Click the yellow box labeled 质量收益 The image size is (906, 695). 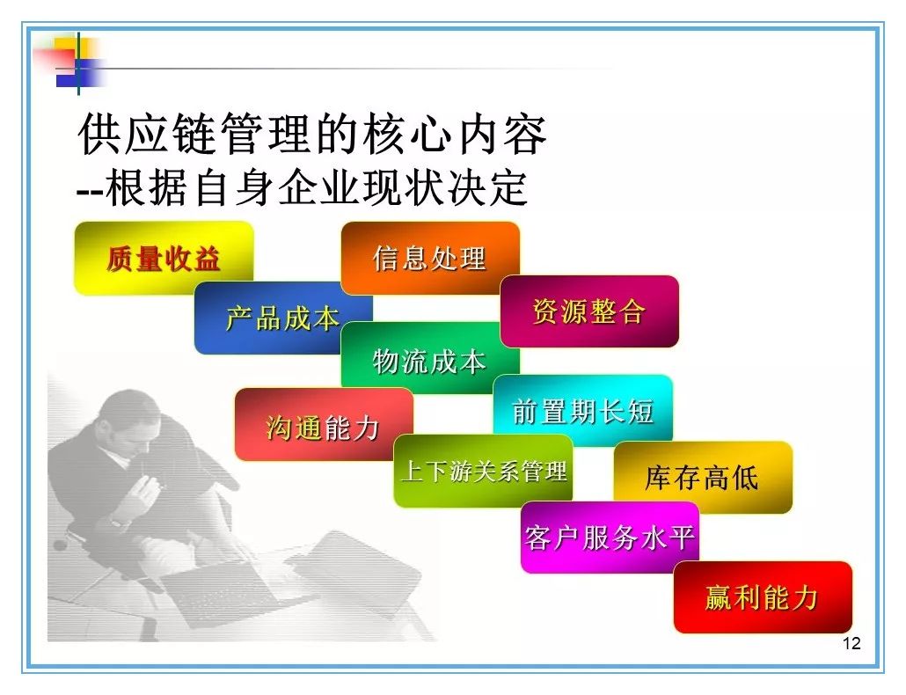[x=164, y=259]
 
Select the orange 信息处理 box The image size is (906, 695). [x=430, y=258]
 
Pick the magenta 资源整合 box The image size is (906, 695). [x=589, y=311]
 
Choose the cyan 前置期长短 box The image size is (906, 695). [x=582, y=411]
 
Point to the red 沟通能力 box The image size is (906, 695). [x=324, y=425]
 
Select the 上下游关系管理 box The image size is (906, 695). [x=483, y=472]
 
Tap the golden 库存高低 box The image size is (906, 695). [x=703, y=478]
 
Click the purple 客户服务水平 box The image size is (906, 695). [x=610, y=538]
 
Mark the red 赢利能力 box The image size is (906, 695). [x=763, y=597]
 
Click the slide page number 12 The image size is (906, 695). [x=851, y=644]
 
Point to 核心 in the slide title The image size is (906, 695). [x=407, y=134]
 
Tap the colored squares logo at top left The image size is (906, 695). [x=72, y=62]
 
